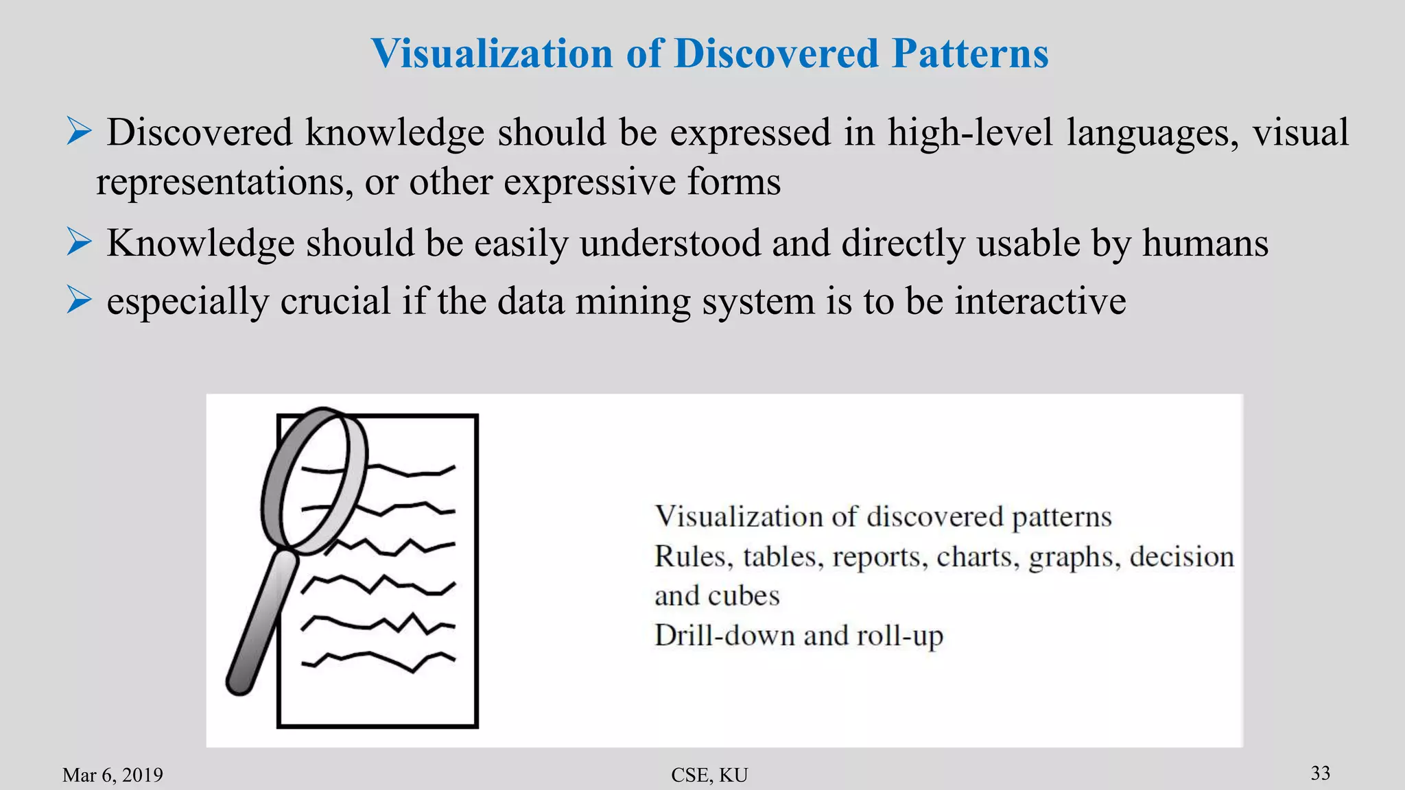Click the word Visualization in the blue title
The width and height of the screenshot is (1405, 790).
491,53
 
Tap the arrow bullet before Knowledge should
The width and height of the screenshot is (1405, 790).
79,242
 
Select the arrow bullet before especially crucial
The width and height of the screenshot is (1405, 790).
79,300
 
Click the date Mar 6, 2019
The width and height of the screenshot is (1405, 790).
113,775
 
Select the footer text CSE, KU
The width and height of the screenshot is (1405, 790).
709,775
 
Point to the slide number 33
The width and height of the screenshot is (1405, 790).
1321,773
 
